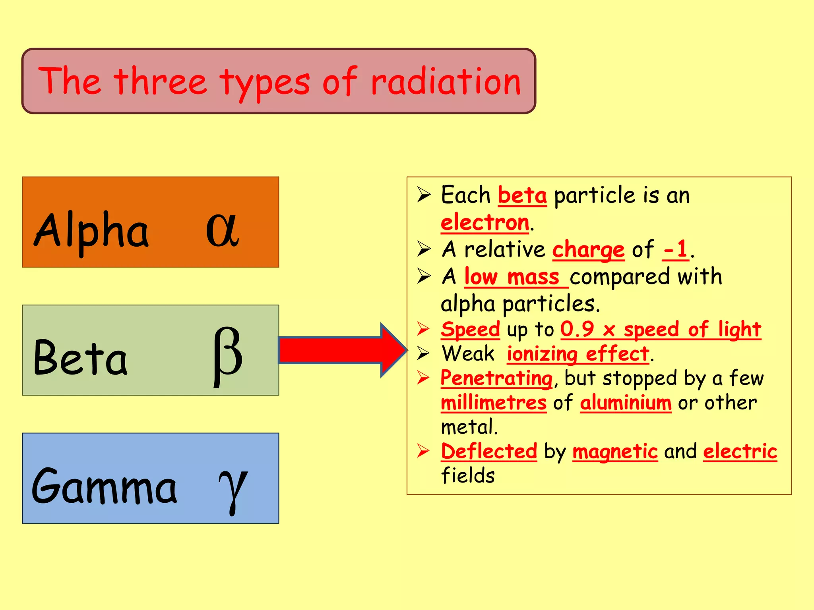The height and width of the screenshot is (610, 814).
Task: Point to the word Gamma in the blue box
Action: pyautogui.click(x=104, y=487)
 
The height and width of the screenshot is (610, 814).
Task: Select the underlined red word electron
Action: pyautogui.click(x=485, y=222)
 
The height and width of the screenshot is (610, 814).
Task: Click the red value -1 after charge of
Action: pyautogui.click(x=675, y=250)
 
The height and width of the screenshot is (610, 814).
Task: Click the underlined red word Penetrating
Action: pyautogui.click(x=496, y=378)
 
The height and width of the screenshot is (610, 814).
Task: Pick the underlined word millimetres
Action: pyautogui.click(x=494, y=403)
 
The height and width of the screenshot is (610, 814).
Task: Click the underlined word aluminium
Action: pyautogui.click(x=626, y=403)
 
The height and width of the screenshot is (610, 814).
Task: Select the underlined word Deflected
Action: pyautogui.click(x=489, y=452)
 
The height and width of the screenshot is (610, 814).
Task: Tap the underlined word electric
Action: pyautogui.click(x=740, y=452)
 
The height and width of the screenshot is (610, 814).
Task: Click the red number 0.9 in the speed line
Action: pyautogui.click(x=577, y=329)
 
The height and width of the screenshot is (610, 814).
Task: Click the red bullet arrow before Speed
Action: pyautogui.click(x=423, y=329)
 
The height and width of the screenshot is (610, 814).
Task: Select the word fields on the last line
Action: pyautogui.click(x=468, y=476)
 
